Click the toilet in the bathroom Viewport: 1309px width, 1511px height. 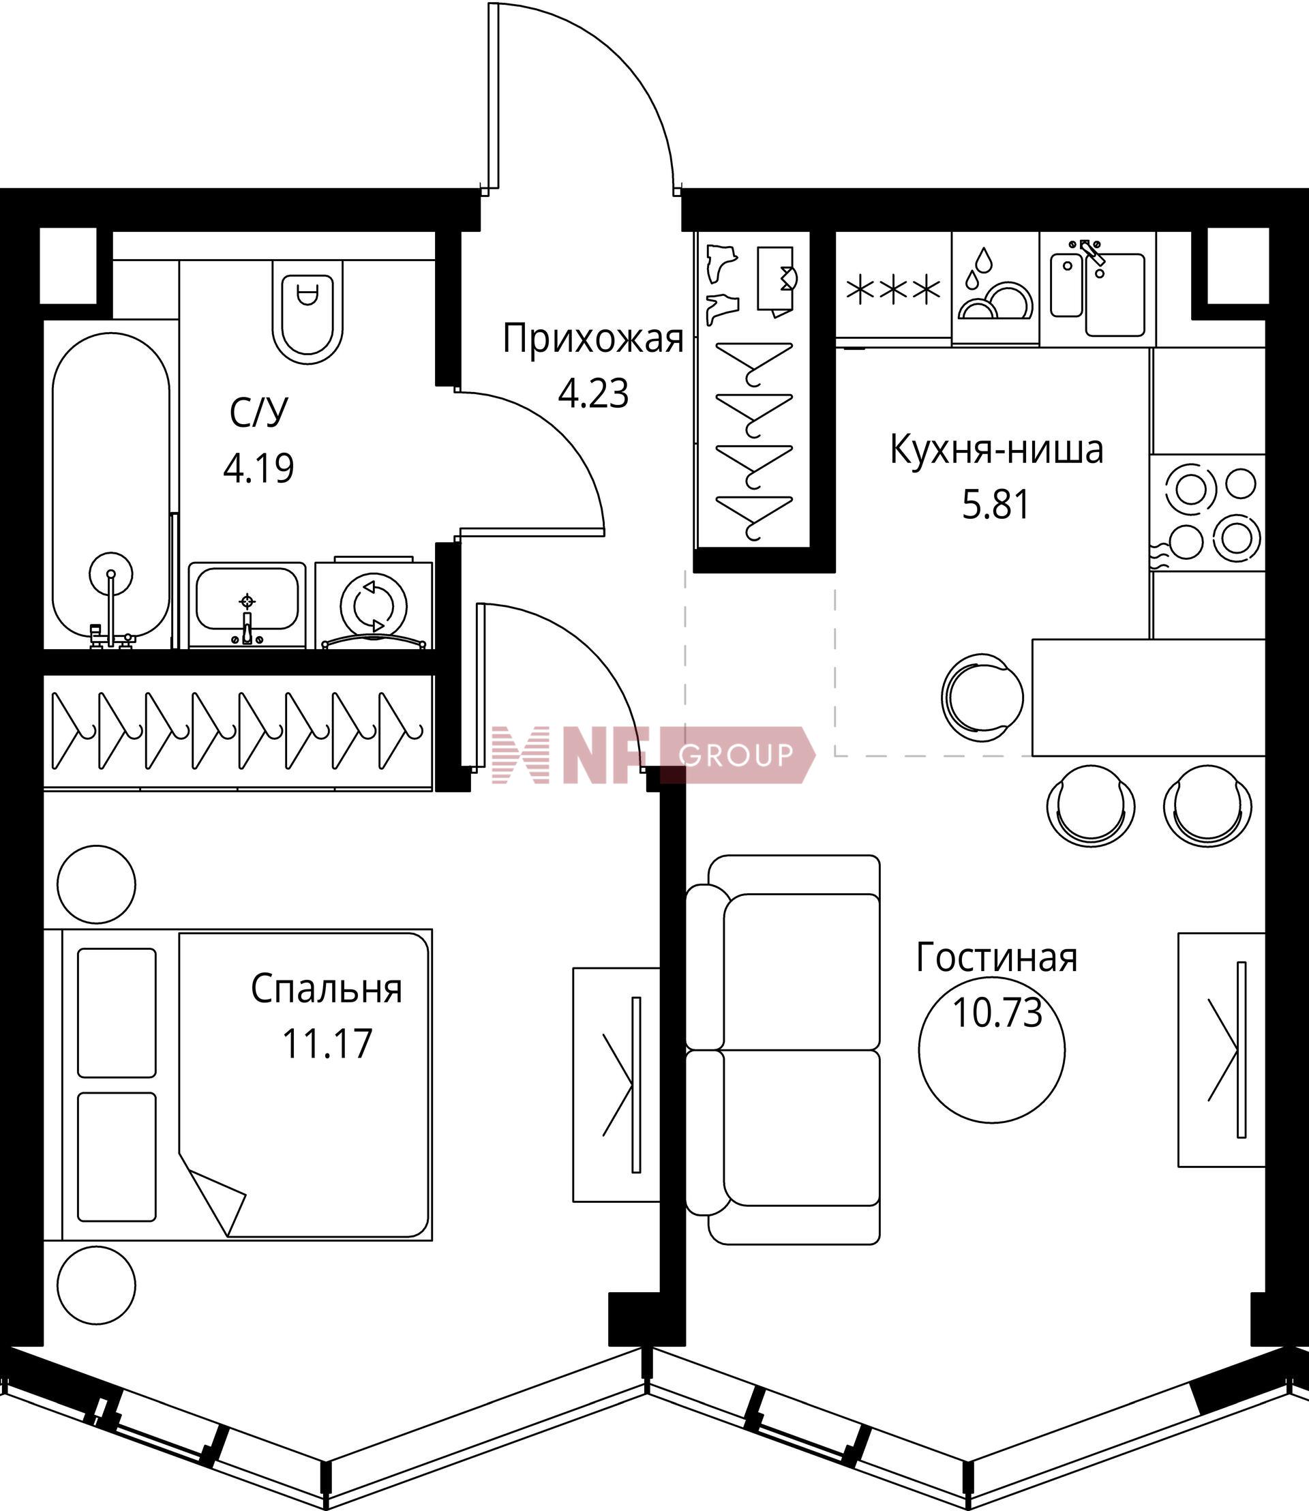click(x=307, y=310)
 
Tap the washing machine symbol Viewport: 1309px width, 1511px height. click(x=374, y=603)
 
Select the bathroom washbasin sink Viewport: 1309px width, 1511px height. click(x=247, y=605)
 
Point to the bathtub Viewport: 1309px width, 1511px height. click(x=111, y=490)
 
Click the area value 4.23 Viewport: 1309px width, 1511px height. click(x=593, y=394)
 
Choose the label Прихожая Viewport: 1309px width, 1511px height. click(x=592, y=340)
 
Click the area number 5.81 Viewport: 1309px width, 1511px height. click(x=995, y=504)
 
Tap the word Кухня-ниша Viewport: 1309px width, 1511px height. click(x=996, y=450)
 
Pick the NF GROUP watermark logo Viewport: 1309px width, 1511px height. click(x=652, y=755)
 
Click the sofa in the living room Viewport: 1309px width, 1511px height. click(x=783, y=1050)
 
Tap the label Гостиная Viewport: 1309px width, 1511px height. click(x=996, y=958)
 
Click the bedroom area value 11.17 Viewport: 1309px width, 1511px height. click(x=327, y=1043)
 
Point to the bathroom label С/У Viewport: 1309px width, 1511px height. click(x=258, y=413)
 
